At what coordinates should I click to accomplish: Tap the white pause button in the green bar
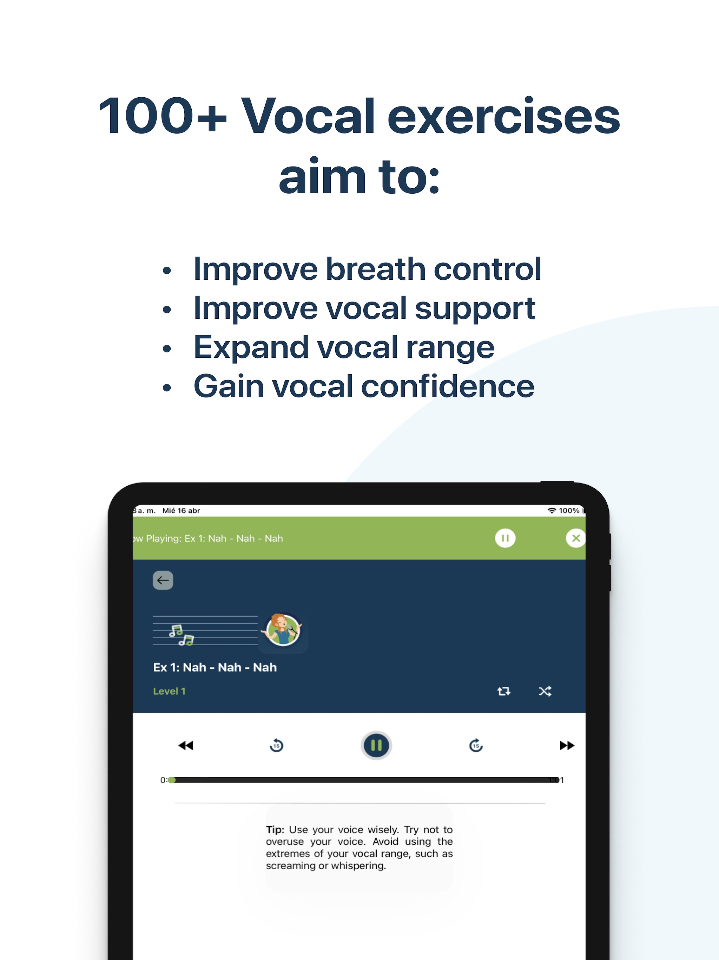pos(505,538)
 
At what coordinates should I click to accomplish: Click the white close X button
pos(575,538)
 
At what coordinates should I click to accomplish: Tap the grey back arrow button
pos(163,580)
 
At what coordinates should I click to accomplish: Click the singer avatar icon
pos(283,630)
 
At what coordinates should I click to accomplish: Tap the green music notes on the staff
pos(181,635)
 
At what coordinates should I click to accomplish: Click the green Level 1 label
pos(169,691)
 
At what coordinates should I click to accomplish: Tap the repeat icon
pos(503,691)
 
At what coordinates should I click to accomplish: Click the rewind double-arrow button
pos(186,745)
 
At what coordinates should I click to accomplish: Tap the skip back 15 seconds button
pos(276,745)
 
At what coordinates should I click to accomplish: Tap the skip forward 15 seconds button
pos(476,745)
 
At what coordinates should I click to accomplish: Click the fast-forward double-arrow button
pos(567,745)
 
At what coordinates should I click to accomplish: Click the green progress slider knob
pos(172,780)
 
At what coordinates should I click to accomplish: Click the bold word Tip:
pos(275,829)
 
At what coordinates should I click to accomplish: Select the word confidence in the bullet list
pos(448,386)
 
